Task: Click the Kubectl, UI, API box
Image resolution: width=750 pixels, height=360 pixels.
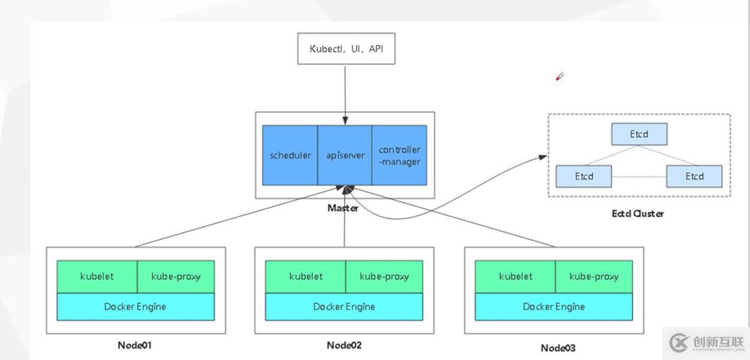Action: pyautogui.click(x=346, y=49)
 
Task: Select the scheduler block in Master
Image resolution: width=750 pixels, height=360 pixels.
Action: pyautogui.click(x=290, y=155)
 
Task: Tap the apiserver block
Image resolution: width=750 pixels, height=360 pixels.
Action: pyautogui.click(x=344, y=155)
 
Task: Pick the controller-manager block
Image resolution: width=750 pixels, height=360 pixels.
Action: pyautogui.click(x=399, y=155)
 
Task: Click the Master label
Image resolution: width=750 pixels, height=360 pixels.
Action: pyautogui.click(x=343, y=208)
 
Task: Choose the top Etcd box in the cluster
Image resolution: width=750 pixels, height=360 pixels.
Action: pyautogui.click(x=639, y=134)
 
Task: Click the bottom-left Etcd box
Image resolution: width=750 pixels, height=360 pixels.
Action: pyautogui.click(x=583, y=176)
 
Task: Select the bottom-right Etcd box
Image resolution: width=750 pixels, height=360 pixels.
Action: pyautogui.click(x=694, y=176)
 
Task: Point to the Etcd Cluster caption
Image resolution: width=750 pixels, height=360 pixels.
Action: pyautogui.click(x=637, y=213)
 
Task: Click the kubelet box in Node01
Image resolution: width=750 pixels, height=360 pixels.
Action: pyautogui.click(x=97, y=276)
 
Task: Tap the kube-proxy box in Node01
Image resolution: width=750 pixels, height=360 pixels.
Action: pyautogui.click(x=176, y=276)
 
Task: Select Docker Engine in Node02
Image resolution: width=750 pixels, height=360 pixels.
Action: pyautogui.click(x=344, y=307)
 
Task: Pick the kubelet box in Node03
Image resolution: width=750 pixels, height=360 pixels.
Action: pyautogui.click(x=515, y=276)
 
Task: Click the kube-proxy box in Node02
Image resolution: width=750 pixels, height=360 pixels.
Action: pyautogui.click(x=384, y=276)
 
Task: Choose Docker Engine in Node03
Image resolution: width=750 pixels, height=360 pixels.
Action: pyautogui.click(x=554, y=307)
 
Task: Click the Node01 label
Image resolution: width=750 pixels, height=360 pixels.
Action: pyautogui.click(x=135, y=345)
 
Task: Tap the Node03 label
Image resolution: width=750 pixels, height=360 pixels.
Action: pyautogui.click(x=558, y=347)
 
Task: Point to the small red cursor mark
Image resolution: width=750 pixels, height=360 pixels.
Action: pyautogui.click(x=560, y=77)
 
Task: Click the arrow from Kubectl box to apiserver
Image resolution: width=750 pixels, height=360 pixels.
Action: pyautogui.click(x=345, y=93)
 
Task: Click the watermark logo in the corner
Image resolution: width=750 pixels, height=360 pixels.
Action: pyautogui.click(x=680, y=343)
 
